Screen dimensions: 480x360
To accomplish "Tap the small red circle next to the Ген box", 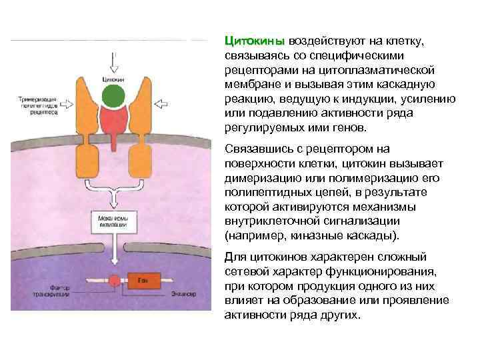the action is click(x=114, y=281).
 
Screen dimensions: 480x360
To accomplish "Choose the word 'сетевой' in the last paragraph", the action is click(x=245, y=271).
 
